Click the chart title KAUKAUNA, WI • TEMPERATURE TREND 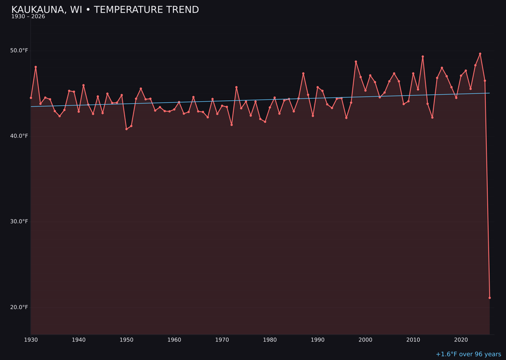click(105, 10)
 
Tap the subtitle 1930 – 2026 click(28, 16)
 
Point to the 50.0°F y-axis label click(19, 51)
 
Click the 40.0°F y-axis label click(19, 136)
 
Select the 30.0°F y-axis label click(19, 221)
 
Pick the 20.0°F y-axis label click(19, 307)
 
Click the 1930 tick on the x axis click(31, 339)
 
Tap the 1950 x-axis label click(126, 339)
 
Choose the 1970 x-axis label click(222, 339)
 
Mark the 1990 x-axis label click(318, 339)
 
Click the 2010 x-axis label click(413, 339)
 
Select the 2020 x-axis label click(461, 339)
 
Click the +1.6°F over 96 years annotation click(468, 354)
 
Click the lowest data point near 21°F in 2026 click(490, 298)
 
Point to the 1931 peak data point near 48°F click(36, 67)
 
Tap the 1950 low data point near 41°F click(126, 129)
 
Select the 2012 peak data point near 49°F click(423, 57)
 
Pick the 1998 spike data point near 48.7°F click(356, 61)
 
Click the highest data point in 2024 click(480, 53)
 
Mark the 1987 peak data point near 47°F click(303, 73)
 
